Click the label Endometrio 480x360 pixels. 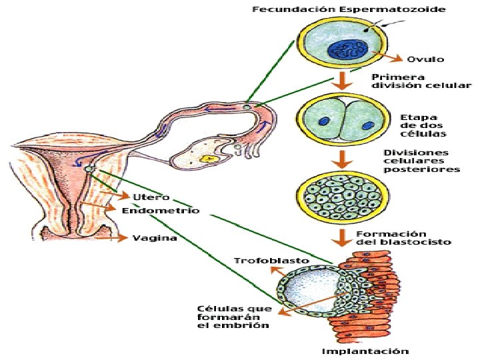[161, 210]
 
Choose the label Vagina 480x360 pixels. [155, 237]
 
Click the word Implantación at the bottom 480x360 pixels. [365, 351]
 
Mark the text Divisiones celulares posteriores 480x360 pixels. [421, 161]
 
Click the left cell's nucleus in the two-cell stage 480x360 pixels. [324, 121]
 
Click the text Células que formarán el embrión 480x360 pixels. [234, 317]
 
